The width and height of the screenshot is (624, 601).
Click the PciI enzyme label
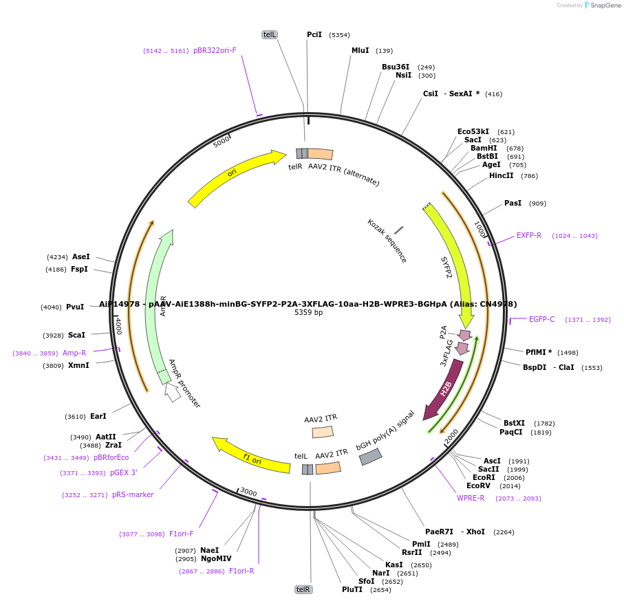314,34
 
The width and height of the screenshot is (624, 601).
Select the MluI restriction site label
360,50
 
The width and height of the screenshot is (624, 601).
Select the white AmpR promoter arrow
172,391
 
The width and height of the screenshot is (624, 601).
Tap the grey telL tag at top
270,34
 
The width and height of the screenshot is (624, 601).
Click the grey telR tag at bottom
303,589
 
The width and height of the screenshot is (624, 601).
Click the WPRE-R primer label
471,498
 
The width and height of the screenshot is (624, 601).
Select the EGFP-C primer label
541,319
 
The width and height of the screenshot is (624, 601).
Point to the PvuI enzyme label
75,307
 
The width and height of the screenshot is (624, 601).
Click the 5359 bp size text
308,312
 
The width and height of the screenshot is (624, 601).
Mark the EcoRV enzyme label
478,485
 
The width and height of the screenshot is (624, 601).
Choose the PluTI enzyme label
352,589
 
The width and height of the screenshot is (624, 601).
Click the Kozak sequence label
387,241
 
